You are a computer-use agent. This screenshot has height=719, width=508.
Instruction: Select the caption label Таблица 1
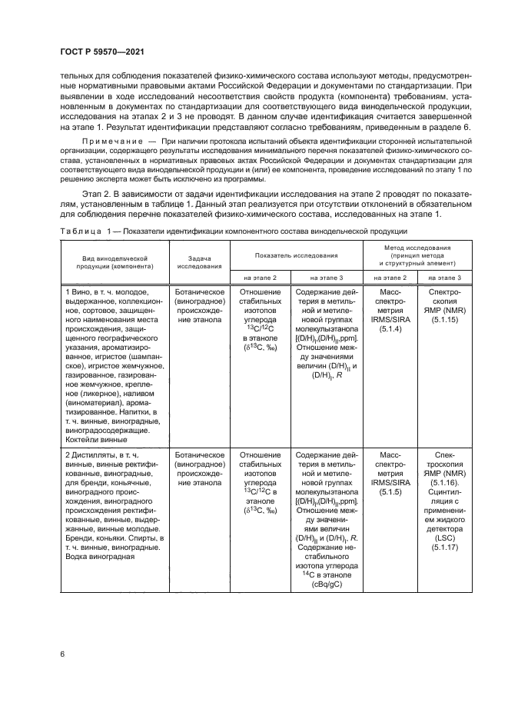point(84,231)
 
